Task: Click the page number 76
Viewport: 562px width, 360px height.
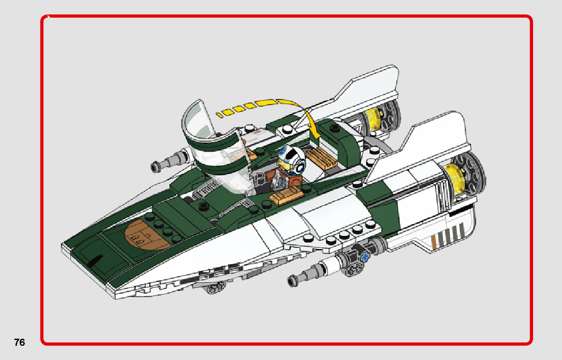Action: click(19, 342)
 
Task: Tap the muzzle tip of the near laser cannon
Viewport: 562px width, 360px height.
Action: click(292, 280)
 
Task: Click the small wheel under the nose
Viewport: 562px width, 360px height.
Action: click(213, 289)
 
